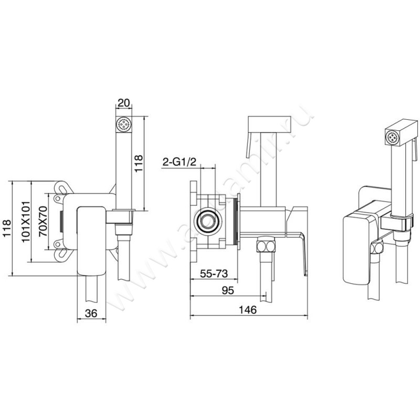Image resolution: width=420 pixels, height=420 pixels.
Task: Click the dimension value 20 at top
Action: (x=124, y=103)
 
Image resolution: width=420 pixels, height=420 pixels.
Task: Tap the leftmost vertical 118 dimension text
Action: (x=7, y=229)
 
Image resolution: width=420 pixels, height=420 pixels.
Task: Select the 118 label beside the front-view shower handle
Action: (x=138, y=164)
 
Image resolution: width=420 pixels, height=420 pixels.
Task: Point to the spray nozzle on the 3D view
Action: (x=392, y=138)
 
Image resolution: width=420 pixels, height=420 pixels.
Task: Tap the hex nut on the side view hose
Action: (x=265, y=246)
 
